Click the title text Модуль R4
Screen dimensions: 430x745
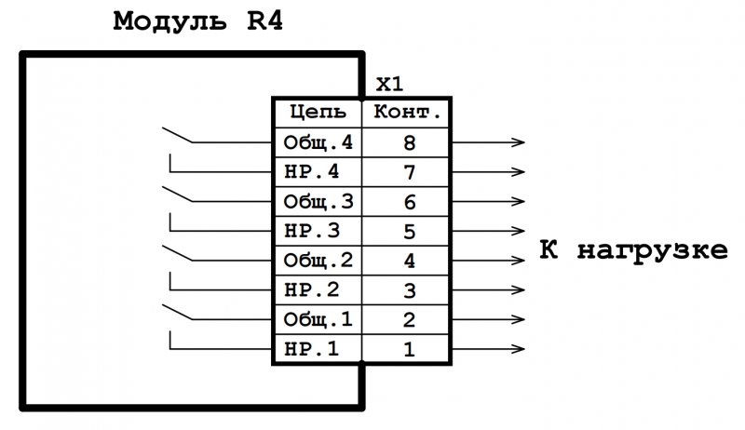[196, 20]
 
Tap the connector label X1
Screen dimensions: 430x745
[389, 85]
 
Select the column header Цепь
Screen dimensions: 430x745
[318, 114]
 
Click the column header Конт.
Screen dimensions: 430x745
[407, 114]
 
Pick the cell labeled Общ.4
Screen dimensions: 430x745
[318, 143]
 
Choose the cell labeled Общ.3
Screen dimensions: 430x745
[318, 202]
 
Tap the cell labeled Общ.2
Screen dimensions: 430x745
[318, 261]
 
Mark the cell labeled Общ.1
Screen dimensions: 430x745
[318, 320]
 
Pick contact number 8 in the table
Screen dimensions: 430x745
[407, 143]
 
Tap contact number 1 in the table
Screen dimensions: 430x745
[407, 350]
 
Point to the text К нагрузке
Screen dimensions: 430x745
[633, 251]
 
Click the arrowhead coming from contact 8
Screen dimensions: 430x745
[517, 143]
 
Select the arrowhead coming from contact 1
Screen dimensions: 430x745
[517, 350]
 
